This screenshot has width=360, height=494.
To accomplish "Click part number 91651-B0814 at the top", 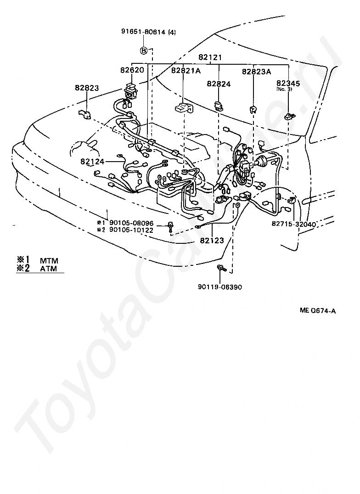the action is (x=143, y=32).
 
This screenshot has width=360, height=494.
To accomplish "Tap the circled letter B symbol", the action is (x=143, y=50).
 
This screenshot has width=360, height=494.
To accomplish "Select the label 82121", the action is (x=210, y=57).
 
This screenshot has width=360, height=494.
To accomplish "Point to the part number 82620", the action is (x=132, y=70).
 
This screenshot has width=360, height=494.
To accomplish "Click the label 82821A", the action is (x=186, y=71).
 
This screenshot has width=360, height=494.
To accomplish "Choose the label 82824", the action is (x=219, y=84).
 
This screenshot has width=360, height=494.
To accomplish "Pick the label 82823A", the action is (x=257, y=72).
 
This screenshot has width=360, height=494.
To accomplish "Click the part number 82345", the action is (x=288, y=83).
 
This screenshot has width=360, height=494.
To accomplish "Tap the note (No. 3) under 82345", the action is (x=284, y=89).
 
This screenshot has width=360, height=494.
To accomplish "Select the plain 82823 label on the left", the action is (x=87, y=88).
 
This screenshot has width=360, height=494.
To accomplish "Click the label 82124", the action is (x=92, y=161).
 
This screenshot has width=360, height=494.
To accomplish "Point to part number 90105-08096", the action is (x=131, y=224).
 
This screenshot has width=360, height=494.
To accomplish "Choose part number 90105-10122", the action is (x=131, y=230).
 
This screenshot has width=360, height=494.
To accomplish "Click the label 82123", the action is (x=212, y=241).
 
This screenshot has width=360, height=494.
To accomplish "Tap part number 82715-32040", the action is (x=294, y=224).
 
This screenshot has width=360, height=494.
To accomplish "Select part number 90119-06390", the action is (x=220, y=287).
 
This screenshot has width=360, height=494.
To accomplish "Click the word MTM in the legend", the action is (x=49, y=261).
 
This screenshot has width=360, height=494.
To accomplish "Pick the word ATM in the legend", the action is (x=49, y=269).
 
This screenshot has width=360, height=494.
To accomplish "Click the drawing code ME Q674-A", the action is (x=318, y=311).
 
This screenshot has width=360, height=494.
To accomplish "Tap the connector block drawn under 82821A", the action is (x=184, y=108).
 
